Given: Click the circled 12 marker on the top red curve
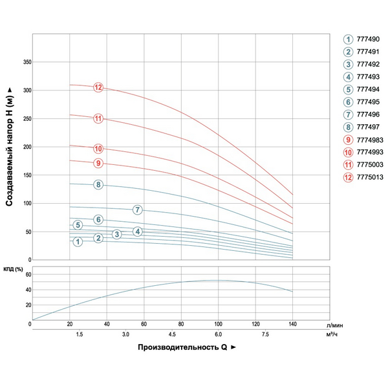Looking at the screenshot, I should pyautogui.click(x=98, y=87).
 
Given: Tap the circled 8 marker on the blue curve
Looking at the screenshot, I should pyautogui.click(x=98, y=185).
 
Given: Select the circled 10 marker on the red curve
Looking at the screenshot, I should pyautogui.click(x=98, y=149).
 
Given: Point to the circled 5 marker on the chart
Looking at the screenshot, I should pyautogui.click(x=78, y=225).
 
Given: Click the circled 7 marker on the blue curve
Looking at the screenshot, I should pyautogui.click(x=137, y=210).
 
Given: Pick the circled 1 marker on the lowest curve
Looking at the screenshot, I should pyautogui.click(x=78, y=242).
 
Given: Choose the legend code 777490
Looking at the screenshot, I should pyautogui.click(x=368, y=39).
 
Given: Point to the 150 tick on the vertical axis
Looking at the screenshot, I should pyautogui.click(x=27, y=175).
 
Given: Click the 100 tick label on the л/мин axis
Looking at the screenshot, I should pyautogui.click(x=219, y=324).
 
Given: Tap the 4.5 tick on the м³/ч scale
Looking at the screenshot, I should pyautogui.click(x=172, y=334).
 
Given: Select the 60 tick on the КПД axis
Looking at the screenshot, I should pyautogui.click(x=28, y=275).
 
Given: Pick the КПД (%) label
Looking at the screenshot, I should pyautogui.click(x=15, y=268).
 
